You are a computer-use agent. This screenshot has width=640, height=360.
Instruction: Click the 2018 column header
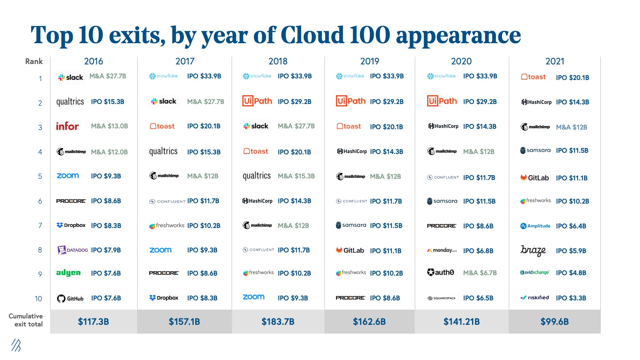click(278, 61)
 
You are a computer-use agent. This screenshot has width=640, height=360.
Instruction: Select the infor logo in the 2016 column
click(67, 126)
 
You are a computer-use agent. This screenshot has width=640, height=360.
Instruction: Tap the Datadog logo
click(72, 250)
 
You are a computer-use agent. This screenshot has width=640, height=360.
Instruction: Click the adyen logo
click(68, 273)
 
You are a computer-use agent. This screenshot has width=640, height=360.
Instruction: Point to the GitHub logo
click(70, 298)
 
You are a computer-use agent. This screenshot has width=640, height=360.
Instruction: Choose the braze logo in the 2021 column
click(533, 250)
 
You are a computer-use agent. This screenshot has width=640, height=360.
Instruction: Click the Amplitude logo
click(535, 226)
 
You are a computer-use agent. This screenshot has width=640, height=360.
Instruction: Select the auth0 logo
click(441, 272)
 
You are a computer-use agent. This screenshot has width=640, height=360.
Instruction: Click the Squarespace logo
click(442, 298)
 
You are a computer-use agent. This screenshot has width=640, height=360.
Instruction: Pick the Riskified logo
click(534, 298)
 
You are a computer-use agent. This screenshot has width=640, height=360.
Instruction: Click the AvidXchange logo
click(535, 272)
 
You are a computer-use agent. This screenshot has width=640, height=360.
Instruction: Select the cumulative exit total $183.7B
click(278, 322)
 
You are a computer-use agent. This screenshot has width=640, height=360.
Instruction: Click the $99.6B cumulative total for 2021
click(554, 322)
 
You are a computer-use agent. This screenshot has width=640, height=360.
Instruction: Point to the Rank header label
click(34, 61)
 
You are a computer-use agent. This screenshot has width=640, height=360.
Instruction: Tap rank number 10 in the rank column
click(38, 298)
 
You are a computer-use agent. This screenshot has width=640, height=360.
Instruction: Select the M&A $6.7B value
click(480, 273)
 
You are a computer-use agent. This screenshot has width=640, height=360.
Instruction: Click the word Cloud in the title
click(312, 35)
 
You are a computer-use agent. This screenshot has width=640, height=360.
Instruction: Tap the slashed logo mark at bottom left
click(16, 345)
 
